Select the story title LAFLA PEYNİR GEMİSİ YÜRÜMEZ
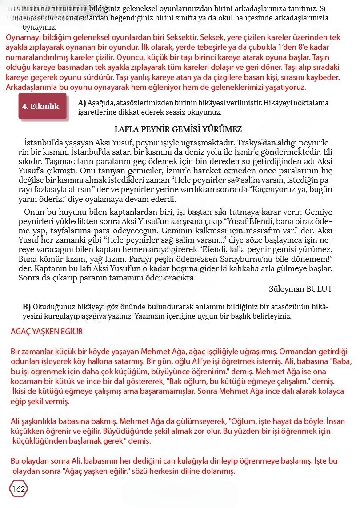178,129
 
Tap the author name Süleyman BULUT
300,288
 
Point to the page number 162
19,489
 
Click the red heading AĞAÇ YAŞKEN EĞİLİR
47,332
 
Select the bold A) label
82,103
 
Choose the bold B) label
27,307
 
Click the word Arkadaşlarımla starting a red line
34,87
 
